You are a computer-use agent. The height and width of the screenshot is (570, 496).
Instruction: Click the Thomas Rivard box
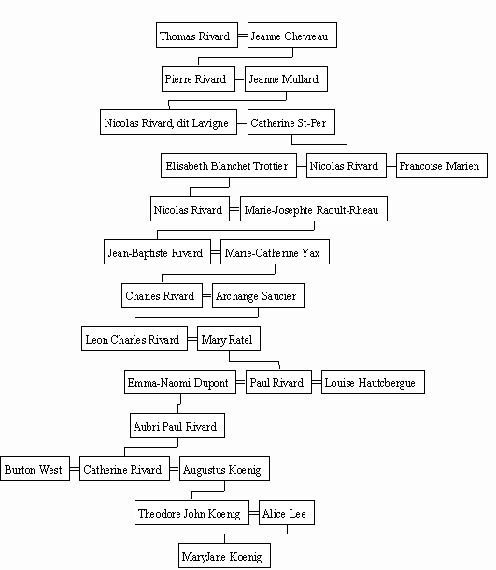[x=197, y=35]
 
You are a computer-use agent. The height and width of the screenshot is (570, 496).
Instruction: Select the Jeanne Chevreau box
[x=292, y=35]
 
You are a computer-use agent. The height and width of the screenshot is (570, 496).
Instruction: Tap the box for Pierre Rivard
[x=198, y=78]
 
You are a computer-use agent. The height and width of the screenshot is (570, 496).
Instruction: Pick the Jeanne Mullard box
[x=286, y=78]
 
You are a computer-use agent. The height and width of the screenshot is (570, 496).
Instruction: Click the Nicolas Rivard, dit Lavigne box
[x=169, y=121]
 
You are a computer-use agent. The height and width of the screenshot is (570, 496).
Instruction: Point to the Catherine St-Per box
[x=291, y=121]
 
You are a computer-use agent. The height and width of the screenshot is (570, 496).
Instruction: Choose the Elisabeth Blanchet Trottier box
[x=229, y=165]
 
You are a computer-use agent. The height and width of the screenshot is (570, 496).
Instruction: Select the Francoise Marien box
[x=442, y=165]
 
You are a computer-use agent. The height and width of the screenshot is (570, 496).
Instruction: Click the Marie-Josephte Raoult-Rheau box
[x=314, y=209]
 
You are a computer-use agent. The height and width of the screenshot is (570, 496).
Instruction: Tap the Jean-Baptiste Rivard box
[x=157, y=251]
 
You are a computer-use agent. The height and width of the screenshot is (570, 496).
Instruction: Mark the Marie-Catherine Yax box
[x=275, y=251]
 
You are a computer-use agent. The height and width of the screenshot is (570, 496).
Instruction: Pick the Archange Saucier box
[x=258, y=295]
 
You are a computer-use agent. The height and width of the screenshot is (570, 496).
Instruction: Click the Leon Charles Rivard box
[x=135, y=338]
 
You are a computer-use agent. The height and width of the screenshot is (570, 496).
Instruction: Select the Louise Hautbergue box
[x=373, y=382]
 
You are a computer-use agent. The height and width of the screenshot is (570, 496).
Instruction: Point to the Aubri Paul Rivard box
[x=177, y=425]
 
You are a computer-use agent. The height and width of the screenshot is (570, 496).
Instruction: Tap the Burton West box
[x=35, y=468]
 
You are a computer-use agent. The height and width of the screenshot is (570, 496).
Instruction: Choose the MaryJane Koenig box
[x=224, y=555]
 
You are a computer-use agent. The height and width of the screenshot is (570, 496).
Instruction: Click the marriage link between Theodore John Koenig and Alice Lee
[x=254, y=513]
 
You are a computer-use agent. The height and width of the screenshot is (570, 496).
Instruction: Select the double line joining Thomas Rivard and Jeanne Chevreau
[x=243, y=36]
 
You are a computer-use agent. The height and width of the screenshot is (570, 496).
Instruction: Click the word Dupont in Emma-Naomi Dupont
[x=211, y=383]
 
